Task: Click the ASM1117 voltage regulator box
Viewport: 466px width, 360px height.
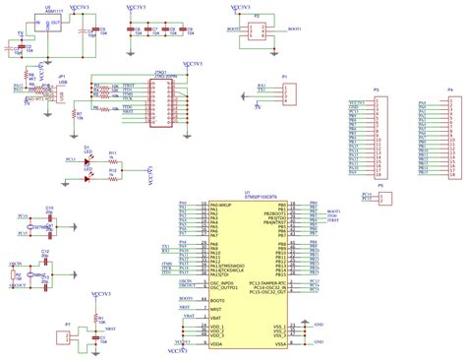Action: [x=42, y=29]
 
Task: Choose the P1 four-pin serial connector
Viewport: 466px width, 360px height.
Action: [x=287, y=93]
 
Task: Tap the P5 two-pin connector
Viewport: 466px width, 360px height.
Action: [x=383, y=197]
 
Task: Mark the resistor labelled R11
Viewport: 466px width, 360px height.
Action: [x=113, y=159]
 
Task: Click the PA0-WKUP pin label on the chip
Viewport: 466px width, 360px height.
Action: [x=220, y=206]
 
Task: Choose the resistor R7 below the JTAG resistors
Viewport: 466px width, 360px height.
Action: [x=79, y=114]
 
